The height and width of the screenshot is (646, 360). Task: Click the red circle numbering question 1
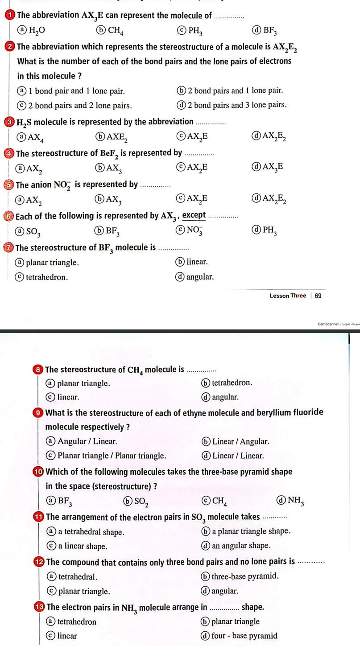coord(10,16)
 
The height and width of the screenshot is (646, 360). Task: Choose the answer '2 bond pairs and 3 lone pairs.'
coord(232,105)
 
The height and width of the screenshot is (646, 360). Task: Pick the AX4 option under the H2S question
coord(30,137)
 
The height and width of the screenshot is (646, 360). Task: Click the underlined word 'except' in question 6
coord(194,216)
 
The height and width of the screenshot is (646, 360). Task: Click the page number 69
coord(318,296)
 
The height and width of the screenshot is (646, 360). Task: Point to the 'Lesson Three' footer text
coord(288,296)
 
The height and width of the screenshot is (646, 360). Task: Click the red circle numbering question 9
coord(39,413)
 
